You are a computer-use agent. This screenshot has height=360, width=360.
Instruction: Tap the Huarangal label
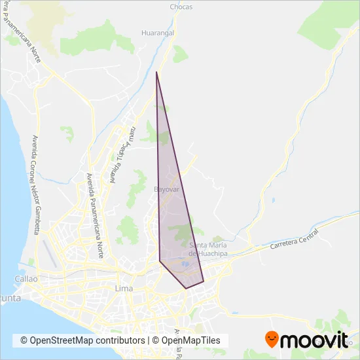coord(157,31)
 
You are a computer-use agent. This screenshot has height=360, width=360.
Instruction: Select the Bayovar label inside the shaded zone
coord(166,189)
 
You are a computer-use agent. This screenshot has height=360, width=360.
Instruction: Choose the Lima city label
coord(124,289)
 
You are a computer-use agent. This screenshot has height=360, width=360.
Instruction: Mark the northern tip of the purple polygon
coord(156,73)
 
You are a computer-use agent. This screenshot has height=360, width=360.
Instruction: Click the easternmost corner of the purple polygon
coord(204,281)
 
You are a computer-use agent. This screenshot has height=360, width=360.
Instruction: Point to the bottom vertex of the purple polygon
coord(187,288)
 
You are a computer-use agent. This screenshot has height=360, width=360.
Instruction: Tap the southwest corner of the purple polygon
coord(160,261)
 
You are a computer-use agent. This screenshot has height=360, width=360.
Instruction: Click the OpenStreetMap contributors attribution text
coord(82,340)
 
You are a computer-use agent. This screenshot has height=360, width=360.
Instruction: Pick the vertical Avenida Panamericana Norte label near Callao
coord(96,216)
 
